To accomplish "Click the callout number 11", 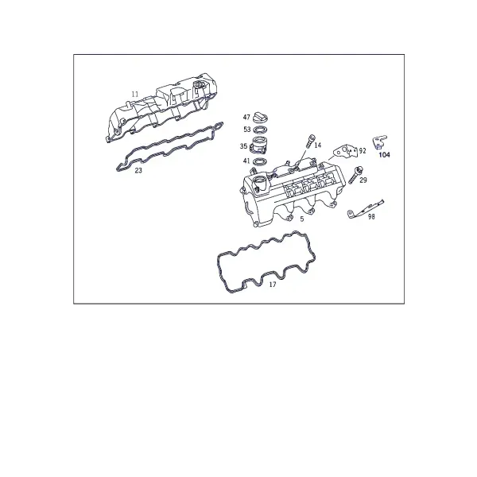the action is point(135,95).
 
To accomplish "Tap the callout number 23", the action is point(138,171).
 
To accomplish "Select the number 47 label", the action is point(246,117).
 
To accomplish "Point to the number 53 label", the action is point(247,130).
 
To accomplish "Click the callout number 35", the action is point(243,146).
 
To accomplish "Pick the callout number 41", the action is point(246,161).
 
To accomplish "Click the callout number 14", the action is point(317,145).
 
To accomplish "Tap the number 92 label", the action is point(363,150).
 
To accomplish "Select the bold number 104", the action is point(384,155).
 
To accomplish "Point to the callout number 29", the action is point(363,180).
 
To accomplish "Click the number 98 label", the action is point(371,216).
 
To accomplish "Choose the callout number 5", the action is point(302,219).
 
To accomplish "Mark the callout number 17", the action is point(273,285).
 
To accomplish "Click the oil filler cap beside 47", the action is point(260,117).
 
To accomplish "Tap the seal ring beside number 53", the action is point(260,130).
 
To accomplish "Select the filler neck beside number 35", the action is point(259,145).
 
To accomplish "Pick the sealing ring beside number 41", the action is point(261,161).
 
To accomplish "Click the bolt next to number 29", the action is point(355,175).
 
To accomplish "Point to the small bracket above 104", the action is point(380,142).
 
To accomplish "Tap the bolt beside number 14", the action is point(310,141).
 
